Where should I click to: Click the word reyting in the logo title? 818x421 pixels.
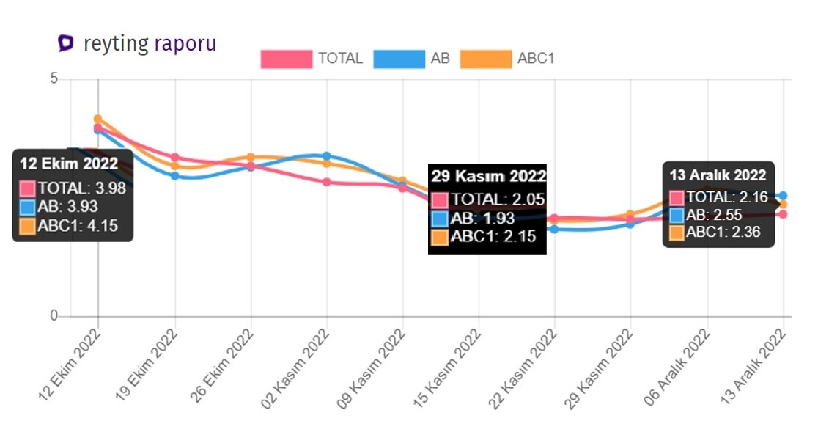coord(116,43)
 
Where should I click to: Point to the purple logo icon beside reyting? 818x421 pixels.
coord(66,43)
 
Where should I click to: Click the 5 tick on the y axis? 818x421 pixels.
coord(54,79)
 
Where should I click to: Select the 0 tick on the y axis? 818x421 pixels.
coord(54,316)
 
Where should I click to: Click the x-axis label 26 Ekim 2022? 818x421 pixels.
coord(221,363)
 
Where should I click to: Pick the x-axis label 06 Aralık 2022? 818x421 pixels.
coord(678,363)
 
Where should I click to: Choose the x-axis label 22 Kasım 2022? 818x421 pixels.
coord(526,363)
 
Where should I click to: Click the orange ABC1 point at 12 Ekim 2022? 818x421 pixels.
coord(97,119)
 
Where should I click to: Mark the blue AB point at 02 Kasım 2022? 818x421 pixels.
coord(327,156)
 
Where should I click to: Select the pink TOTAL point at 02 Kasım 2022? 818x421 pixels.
coord(327,182)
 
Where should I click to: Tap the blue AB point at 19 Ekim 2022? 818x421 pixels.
coord(175,176)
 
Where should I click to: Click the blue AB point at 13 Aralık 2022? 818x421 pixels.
coord(784,196)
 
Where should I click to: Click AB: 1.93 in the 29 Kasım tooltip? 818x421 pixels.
coord(484,218)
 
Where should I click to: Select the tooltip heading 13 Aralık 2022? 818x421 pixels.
coord(718,175)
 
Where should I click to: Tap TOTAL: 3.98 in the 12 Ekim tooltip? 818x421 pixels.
coord(73,188)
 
